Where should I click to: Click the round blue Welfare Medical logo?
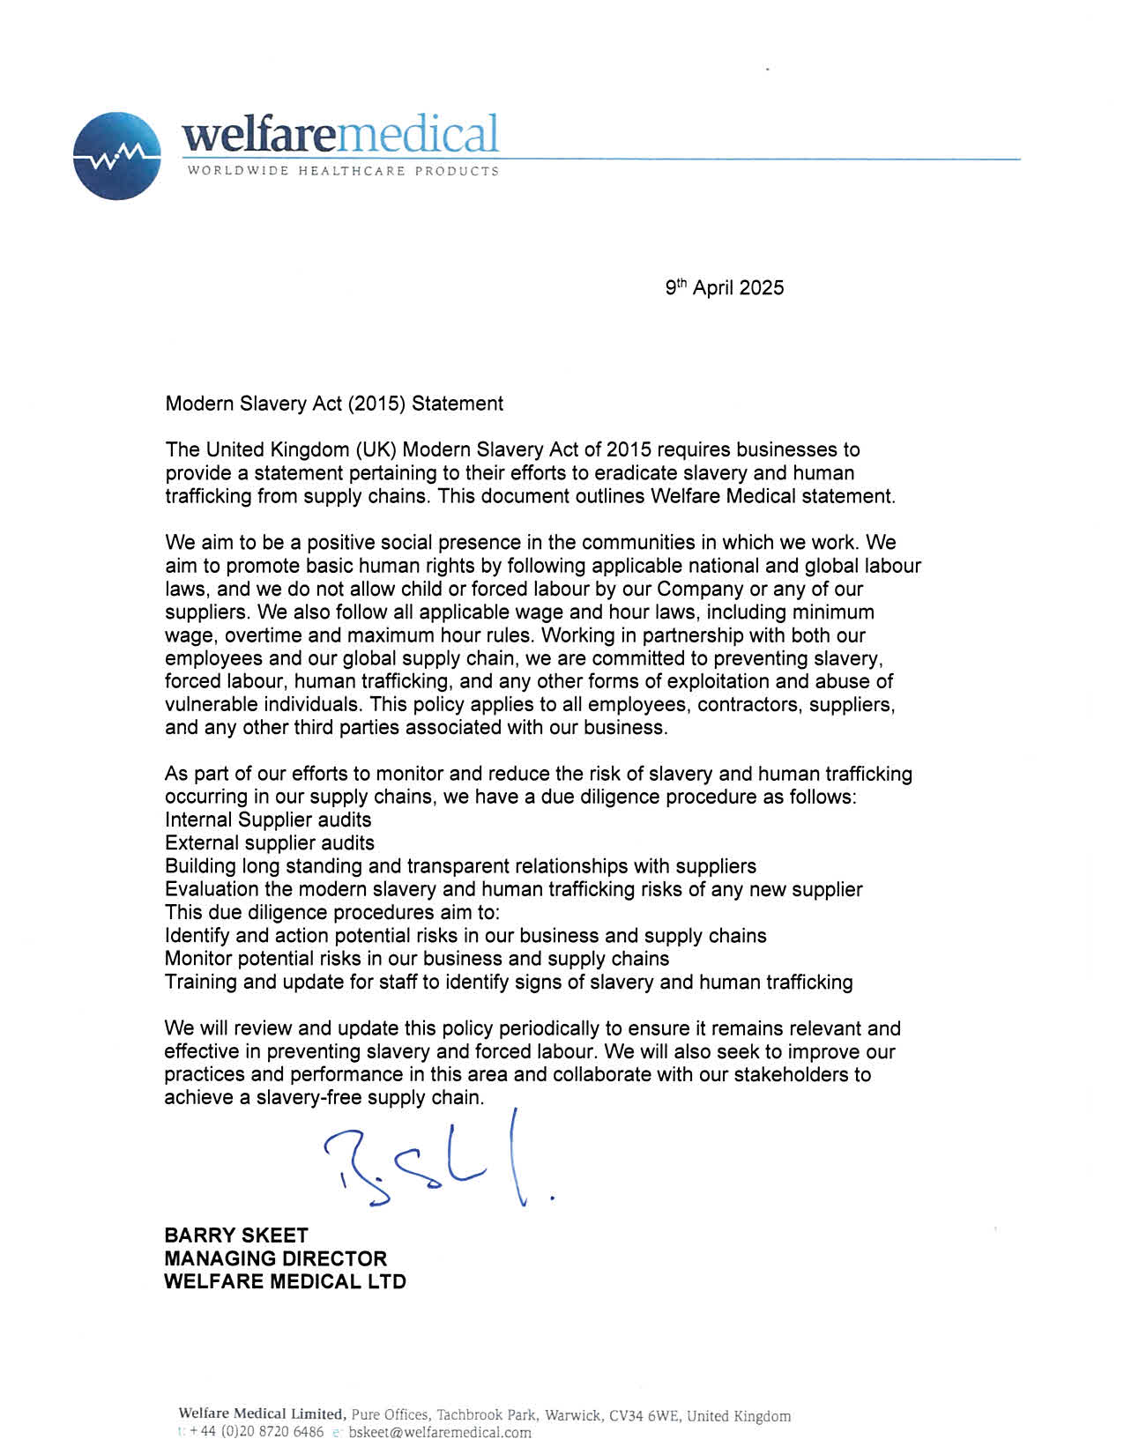click(117, 156)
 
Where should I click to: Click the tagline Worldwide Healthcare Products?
click(343, 171)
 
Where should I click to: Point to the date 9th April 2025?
click(724, 287)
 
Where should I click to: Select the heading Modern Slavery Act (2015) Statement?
click(334, 404)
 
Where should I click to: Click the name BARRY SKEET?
click(236, 1235)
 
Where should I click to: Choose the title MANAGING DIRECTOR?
click(275, 1258)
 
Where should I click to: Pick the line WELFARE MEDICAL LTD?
click(285, 1281)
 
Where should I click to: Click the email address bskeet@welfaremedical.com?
click(440, 1432)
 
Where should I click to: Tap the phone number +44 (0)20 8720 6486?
click(257, 1432)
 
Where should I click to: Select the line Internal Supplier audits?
click(268, 820)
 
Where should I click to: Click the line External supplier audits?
click(270, 842)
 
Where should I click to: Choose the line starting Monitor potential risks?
click(417, 958)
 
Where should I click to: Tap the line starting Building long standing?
click(460, 865)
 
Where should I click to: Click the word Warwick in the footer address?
click(572, 1416)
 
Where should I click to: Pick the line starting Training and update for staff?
click(509, 982)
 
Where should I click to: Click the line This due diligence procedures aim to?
click(332, 912)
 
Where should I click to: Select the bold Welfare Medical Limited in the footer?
click(261, 1415)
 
